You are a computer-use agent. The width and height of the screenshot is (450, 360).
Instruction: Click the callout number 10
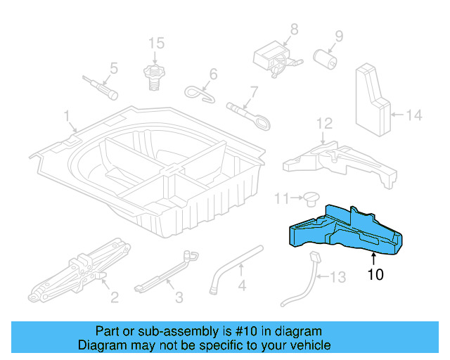click(375, 274)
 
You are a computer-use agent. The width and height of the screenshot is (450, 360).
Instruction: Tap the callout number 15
click(155, 44)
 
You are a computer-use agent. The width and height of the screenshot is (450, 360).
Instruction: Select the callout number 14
click(415, 115)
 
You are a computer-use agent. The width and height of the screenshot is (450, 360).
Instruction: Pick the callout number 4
click(241, 286)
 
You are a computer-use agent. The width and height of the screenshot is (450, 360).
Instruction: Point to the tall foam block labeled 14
click(373, 98)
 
